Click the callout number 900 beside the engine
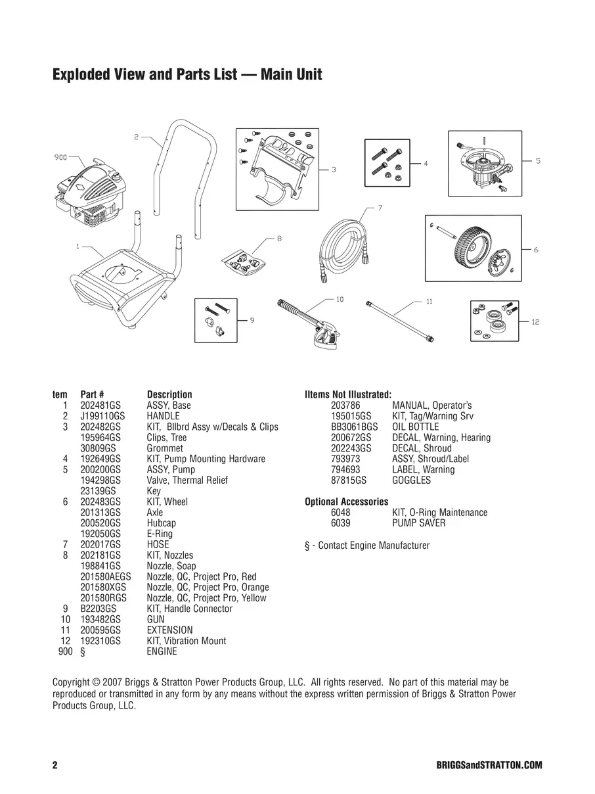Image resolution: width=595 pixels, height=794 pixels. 61,158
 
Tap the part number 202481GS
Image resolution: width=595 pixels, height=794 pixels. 100,406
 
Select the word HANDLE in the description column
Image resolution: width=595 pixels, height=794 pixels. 163,416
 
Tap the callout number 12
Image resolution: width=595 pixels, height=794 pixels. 535,322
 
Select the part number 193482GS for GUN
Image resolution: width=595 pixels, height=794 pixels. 100,619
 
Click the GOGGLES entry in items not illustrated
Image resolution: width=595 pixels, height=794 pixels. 411,480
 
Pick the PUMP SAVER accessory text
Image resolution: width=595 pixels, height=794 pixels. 418,523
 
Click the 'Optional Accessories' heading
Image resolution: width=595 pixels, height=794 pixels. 346,502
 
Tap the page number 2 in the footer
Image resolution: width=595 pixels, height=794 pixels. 55,766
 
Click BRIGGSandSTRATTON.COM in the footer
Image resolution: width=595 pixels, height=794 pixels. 489,766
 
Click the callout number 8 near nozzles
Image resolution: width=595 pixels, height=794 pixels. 279,239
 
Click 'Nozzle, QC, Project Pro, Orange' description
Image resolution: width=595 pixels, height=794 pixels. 208,588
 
